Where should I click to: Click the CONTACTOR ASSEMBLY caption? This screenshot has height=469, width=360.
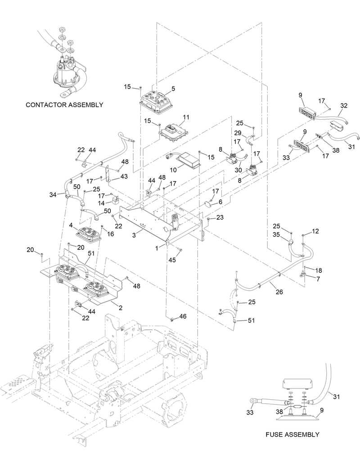pyautogui.click(x=64, y=105)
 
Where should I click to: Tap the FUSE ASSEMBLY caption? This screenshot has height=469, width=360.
pyautogui.click(x=292, y=434)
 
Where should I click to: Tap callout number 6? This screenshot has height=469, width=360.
pyautogui.click(x=220, y=203)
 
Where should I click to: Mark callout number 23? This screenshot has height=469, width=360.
pyautogui.click(x=220, y=217)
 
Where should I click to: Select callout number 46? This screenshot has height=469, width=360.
pyautogui.click(x=183, y=317)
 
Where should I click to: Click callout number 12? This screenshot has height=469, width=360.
pyautogui.click(x=315, y=231)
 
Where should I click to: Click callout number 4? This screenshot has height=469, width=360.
pyautogui.click(x=71, y=225)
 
